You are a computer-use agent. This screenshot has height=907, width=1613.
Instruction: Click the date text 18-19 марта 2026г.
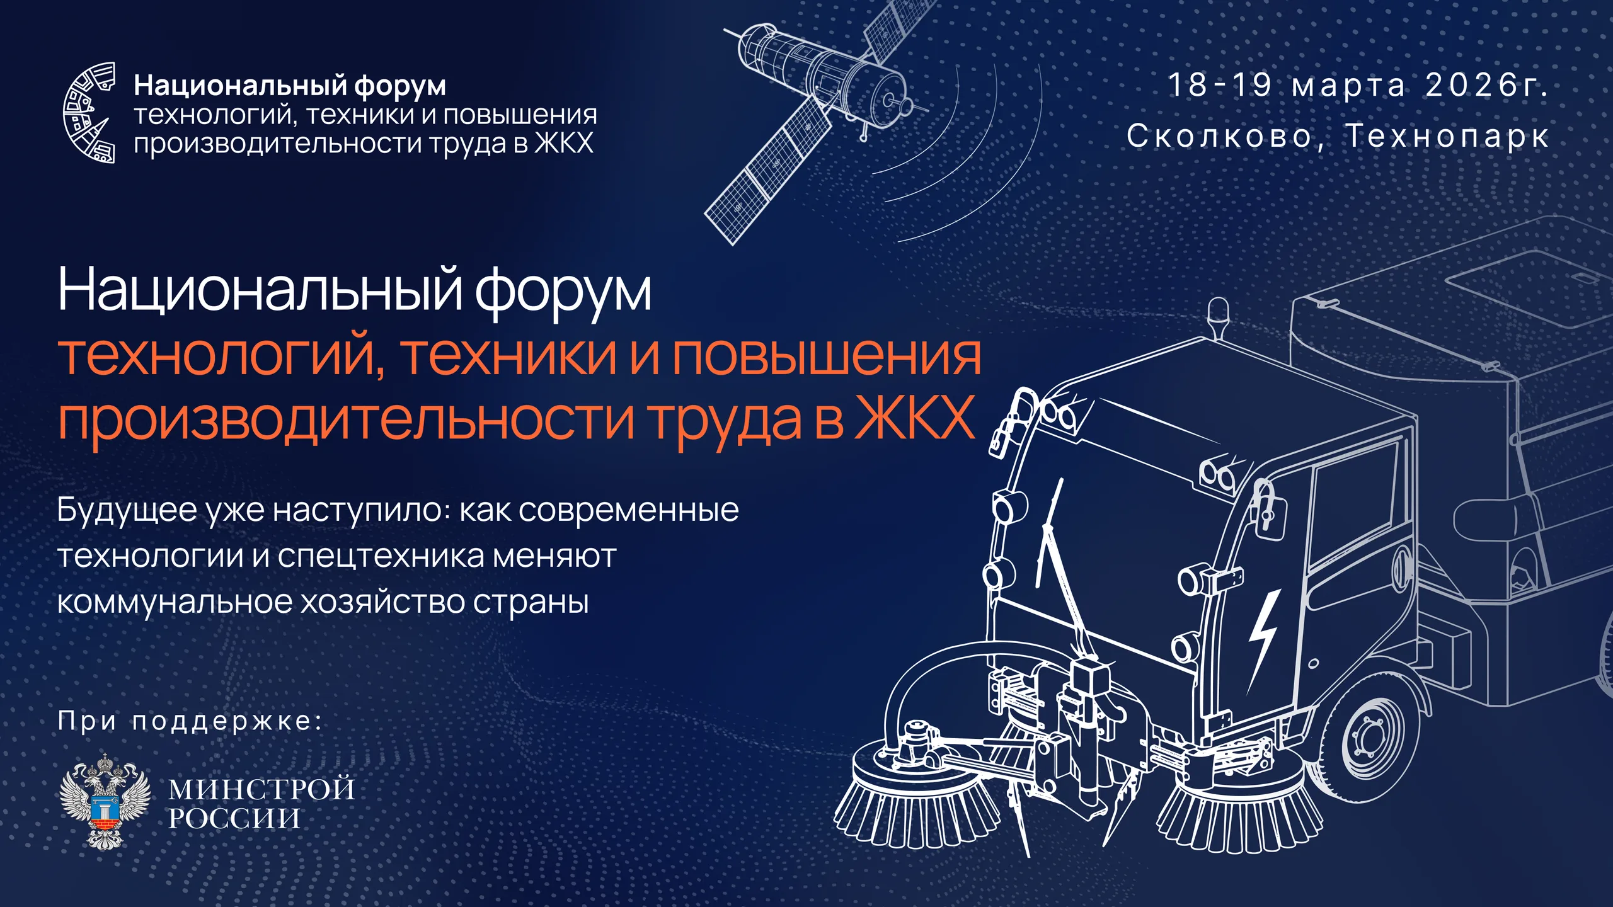click(1358, 86)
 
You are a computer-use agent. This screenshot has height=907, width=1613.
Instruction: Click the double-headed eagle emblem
click(105, 801)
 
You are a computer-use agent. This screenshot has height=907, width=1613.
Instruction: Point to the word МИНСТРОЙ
click(261, 789)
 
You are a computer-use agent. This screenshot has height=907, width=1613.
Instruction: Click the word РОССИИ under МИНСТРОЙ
click(234, 818)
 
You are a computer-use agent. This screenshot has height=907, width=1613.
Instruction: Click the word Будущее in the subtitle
click(127, 511)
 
